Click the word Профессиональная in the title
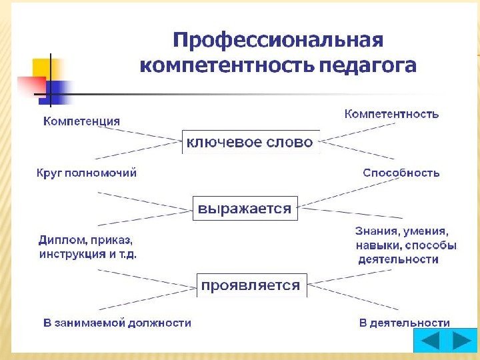click(278, 41)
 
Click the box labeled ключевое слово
click(249, 142)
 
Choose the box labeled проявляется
click(251, 285)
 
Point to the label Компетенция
click(82, 121)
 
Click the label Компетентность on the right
click(391, 114)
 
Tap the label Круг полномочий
click(86, 173)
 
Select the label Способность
click(401, 173)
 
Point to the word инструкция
click(68, 255)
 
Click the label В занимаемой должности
click(117, 323)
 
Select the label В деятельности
click(404, 323)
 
